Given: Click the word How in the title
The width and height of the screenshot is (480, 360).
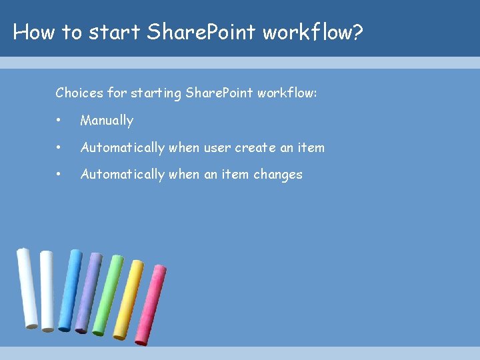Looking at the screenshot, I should coord(35,32).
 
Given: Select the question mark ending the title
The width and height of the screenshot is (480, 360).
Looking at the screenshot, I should coord(357,32).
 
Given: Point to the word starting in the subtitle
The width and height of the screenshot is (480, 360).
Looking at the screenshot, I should coord(155,93).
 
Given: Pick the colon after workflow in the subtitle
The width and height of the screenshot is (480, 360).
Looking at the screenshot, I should coord(315,93).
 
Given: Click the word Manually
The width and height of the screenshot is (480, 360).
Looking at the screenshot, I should coord(107,121).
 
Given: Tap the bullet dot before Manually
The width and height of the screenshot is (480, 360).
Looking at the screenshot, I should coord(59,121).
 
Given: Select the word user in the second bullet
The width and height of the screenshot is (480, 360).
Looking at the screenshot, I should coord(216,147).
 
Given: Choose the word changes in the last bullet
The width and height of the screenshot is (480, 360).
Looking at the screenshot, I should coord(276,174).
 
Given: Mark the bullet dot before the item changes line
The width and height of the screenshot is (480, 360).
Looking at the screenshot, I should coord(59,174).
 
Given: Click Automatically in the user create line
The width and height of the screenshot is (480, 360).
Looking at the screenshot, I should coord(122,147).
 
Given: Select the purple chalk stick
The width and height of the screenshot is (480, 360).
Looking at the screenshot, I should coord(88,292).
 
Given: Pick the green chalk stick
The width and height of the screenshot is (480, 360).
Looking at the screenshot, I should coord(108,295).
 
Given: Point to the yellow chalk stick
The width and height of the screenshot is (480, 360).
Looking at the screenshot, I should coord(128,299).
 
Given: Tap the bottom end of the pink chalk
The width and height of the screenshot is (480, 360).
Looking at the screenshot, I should coord(142,341).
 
